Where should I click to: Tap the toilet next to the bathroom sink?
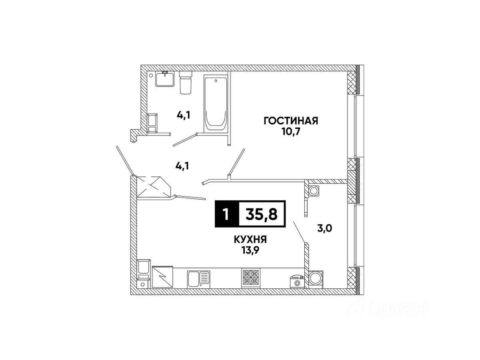185,83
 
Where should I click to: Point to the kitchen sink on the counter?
198,278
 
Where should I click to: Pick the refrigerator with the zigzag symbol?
162,277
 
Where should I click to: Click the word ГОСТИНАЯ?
290,121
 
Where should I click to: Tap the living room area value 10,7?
290,132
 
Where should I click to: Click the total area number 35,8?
262,214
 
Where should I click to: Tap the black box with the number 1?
226,214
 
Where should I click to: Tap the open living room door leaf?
236,162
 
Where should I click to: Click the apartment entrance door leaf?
124,160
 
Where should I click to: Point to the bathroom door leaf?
184,140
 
